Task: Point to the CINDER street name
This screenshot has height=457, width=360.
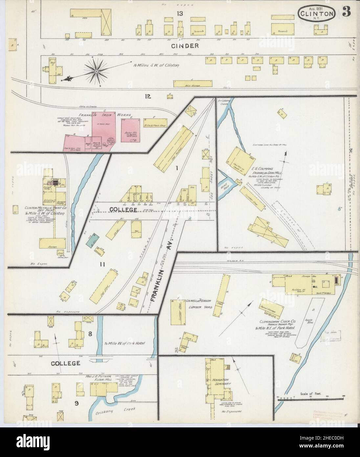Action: [185, 46]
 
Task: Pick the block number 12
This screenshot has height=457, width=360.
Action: [147, 96]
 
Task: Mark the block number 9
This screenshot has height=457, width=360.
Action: [76, 402]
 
